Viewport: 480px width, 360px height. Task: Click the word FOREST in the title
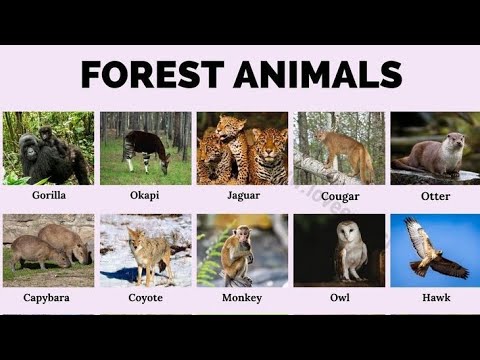[x=148, y=74]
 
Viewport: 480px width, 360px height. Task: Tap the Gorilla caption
[x=48, y=197]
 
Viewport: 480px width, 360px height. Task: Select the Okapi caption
[x=145, y=197]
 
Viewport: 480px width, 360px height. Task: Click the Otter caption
[x=435, y=197]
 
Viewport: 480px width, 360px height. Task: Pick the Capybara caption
[x=48, y=298]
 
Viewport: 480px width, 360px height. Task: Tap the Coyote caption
[x=145, y=298]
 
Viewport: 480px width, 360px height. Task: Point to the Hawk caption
[x=435, y=298]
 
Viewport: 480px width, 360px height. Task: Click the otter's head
[x=455, y=140]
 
